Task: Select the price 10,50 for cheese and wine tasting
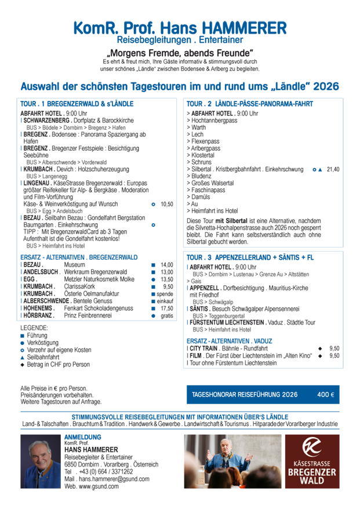(167, 205)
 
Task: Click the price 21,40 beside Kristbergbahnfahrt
(333, 169)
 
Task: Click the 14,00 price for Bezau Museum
(167, 264)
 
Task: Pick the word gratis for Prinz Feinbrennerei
(167, 316)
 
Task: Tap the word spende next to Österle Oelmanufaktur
(166, 294)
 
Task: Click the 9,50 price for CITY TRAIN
(334, 348)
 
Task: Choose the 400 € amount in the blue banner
(325, 395)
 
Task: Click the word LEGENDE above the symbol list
(34, 328)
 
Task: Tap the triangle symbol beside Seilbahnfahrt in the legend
(22, 358)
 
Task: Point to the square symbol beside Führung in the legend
(22, 336)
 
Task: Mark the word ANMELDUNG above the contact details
(83, 437)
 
